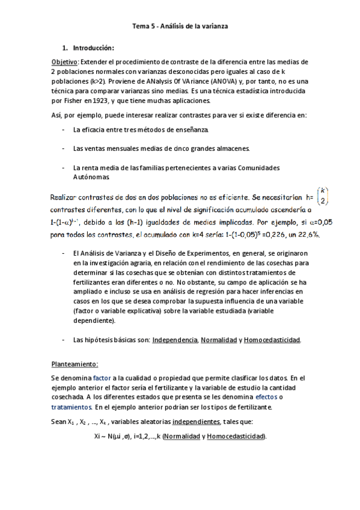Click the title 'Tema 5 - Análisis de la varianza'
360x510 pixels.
click(x=180, y=26)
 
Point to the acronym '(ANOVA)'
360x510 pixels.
click(x=222, y=81)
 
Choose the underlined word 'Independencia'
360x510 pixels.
click(x=175, y=340)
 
